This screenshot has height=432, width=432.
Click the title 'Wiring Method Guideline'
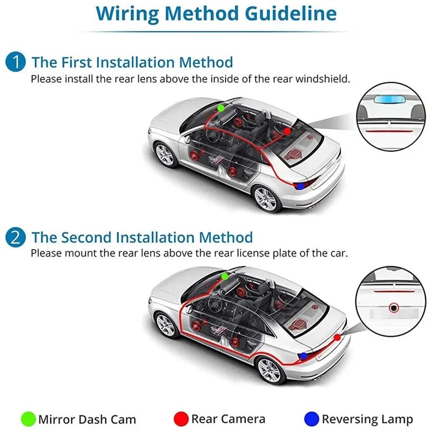[x=216, y=13]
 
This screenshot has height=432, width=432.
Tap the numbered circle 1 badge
[x=16, y=62]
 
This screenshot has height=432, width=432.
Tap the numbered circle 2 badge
[x=16, y=237]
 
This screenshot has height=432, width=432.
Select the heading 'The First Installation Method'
[x=132, y=62]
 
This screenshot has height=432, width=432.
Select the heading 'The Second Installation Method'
[x=142, y=237]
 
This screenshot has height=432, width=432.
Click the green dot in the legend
[x=28, y=419]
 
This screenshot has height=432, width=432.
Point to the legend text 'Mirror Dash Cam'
[x=87, y=419]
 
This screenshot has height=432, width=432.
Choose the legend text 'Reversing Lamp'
[x=367, y=419]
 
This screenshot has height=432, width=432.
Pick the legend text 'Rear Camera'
[x=228, y=419]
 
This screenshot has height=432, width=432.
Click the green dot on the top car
[x=221, y=108]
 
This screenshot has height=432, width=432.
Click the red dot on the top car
[x=287, y=131]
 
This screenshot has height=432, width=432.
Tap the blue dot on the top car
[x=300, y=186]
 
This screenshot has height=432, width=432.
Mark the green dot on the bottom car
[x=225, y=276]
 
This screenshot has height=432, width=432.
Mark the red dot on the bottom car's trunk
[x=337, y=337]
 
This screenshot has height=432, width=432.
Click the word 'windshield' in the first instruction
[x=326, y=79]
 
